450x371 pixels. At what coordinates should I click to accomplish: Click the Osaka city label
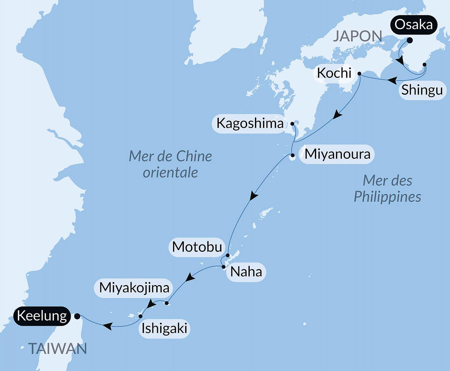click(x=414, y=25)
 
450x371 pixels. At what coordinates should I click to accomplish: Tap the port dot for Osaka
click(x=410, y=40)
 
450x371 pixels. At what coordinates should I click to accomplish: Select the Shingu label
click(x=422, y=90)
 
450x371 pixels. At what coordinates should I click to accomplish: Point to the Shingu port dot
click(x=424, y=65)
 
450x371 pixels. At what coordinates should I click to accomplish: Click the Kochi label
click(x=334, y=73)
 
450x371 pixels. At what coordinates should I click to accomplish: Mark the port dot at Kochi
click(x=359, y=74)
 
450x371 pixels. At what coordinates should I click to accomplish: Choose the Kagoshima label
click(x=250, y=123)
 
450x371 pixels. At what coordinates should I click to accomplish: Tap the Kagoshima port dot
click(x=292, y=124)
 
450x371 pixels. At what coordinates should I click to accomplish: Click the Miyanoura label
click(x=337, y=154)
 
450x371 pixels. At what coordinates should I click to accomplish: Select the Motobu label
click(x=197, y=247)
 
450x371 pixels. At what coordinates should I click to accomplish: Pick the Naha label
click(x=246, y=272)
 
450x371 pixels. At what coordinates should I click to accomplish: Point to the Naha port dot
click(x=223, y=267)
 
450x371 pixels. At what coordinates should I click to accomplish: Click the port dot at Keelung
click(x=77, y=316)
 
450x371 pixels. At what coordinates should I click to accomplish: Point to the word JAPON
click(x=357, y=36)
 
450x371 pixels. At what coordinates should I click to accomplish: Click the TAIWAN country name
click(x=58, y=349)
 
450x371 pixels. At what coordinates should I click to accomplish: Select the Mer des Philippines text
click(x=387, y=189)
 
